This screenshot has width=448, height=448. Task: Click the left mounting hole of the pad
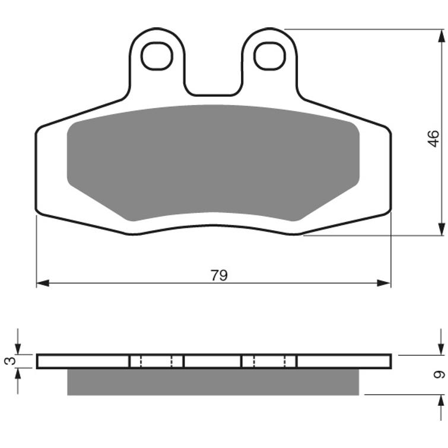tap(157, 56)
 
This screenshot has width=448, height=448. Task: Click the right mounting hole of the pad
tap(269, 56)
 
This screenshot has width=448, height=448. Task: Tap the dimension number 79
tap(219, 275)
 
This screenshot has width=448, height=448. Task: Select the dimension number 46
tap(434, 139)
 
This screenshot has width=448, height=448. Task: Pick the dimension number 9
tap(439, 374)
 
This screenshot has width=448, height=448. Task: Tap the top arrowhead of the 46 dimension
tap(441, 35)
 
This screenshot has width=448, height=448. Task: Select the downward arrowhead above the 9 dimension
tap(441, 349)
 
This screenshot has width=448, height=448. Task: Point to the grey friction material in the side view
tap(213, 382)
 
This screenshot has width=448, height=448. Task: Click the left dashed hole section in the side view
tap(156, 361)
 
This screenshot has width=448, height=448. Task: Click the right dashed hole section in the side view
tap(269, 361)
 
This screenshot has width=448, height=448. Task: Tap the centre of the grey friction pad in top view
tap(213, 161)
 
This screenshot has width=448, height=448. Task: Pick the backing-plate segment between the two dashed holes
tap(213, 361)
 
